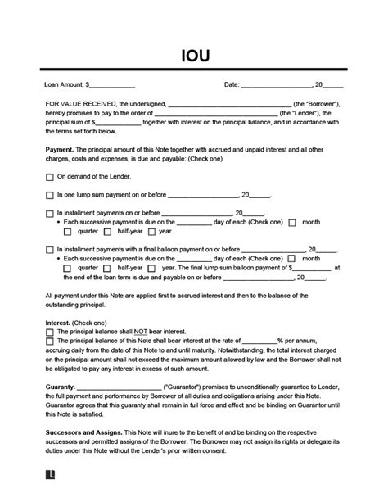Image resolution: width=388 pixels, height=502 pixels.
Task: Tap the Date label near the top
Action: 231,84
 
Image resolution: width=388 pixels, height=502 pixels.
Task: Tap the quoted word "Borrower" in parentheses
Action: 316,104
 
